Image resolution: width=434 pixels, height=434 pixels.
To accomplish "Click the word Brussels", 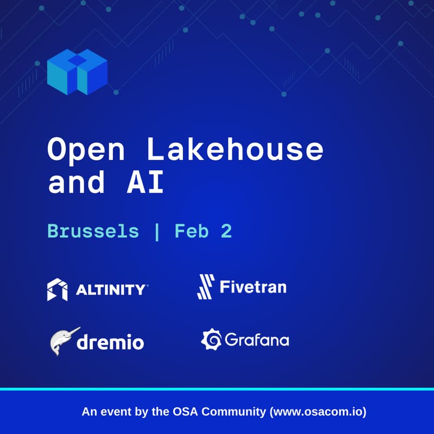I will (x=93, y=232).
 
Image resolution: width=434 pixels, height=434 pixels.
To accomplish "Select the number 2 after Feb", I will (x=227, y=232).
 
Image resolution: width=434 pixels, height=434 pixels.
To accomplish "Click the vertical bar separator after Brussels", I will (x=157, y=232).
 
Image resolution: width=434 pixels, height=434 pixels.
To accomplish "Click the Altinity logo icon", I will (x=58, y=289).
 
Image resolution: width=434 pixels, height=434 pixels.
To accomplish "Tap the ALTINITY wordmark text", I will (x=111, y=290).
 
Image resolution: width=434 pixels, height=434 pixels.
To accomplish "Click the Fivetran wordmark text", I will (x=253, y=286).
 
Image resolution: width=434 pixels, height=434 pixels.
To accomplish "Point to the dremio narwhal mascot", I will (x=63, y=341).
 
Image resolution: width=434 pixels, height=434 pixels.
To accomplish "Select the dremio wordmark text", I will (x=111, y=342).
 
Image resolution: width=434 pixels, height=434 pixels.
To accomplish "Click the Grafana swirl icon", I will (x=210, y=340).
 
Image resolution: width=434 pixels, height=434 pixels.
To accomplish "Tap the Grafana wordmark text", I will (x=257, y=340).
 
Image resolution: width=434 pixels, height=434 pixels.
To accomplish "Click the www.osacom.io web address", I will (x=318, y=412).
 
